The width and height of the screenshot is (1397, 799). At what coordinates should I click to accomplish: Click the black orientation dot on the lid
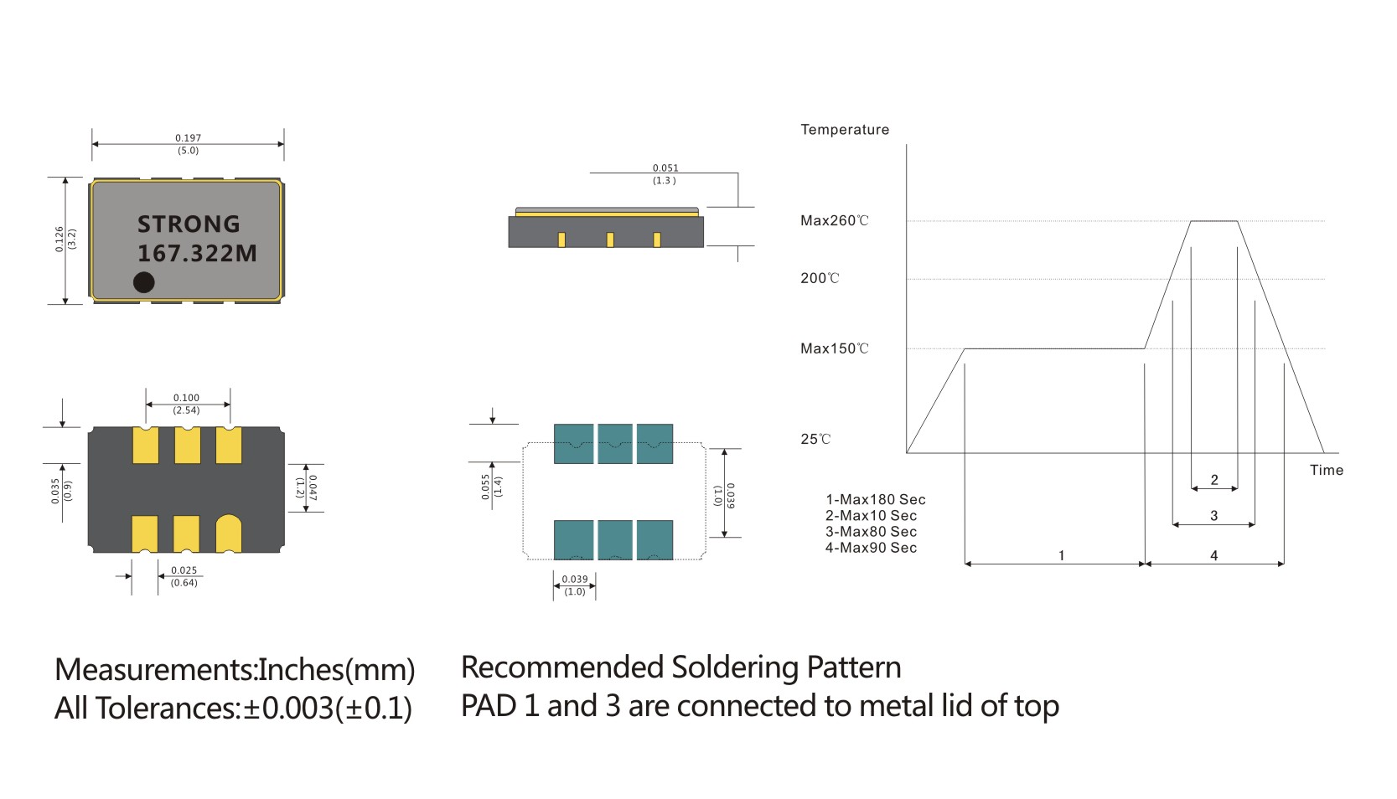click(x=144, y=282)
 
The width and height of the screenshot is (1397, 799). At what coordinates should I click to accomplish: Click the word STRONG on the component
click(x=189, y=224)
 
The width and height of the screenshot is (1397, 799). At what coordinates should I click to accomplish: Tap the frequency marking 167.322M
click(x=197, y=253)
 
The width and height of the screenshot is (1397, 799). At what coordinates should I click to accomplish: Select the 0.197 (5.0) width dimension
click(x=188, y=144)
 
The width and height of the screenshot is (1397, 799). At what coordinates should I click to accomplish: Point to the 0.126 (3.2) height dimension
click(x=65, y=240)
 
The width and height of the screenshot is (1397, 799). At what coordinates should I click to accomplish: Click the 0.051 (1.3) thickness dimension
click(x=665, y=174)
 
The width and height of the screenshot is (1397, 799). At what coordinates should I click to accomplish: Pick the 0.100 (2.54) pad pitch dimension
click(x=186, y=404)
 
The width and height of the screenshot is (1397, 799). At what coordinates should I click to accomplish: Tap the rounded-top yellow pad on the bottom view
click(x=229, y=534)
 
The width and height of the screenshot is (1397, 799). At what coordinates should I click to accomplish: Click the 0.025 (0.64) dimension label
click(x=184, y=576)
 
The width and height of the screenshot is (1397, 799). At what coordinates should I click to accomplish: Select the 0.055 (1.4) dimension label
click(x=491, y=487)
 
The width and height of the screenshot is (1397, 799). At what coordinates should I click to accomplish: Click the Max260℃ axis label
click(x=834, y=221)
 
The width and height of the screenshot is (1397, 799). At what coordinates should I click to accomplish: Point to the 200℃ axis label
click(x=819, y=278)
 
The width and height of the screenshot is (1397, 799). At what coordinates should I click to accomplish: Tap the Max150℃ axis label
click(x=834, y=348)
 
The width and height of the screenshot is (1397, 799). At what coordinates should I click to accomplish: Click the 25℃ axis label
click(x=815, y=439)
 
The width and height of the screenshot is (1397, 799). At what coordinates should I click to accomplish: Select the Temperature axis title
click(x=844, y=130)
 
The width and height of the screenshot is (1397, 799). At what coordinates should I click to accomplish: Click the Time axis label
click(x=1326, y=470)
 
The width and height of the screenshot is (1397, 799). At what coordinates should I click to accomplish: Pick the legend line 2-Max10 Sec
click(x=871, y=516)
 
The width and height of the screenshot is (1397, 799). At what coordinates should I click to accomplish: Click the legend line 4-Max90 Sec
click(x=871, y=548)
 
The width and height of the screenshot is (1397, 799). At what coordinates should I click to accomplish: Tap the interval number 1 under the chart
click(x=1061, y=555)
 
